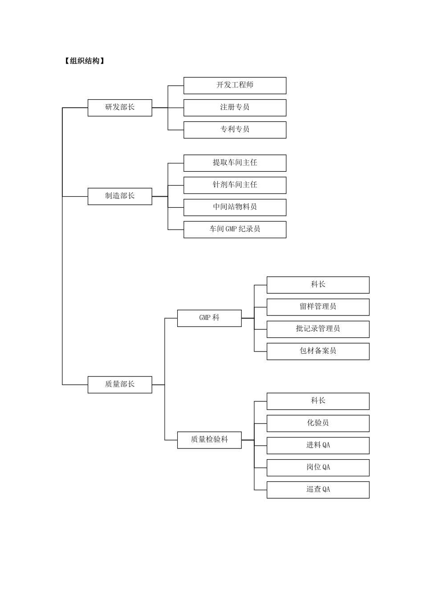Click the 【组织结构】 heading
pyautogui.click(x=84, y=61)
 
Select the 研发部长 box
pyautogui.click(x=120, y=108)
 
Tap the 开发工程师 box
pyautogui.click(x=235, y=85)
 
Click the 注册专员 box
pyautogui.click(x=235, y=108)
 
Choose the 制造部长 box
pyautogui.click(x=120, y=196)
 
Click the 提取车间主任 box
pyautogui.click(x=235, y=163)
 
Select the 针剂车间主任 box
pyautogui.click(x=235, y=185)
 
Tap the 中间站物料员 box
pyautogui.click(x=235, y=207)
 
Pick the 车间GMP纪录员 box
pyautogui.click(x=235, y=230)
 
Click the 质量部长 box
pyautogui.click(x=120, y=384)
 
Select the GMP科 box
pyautogui.click(x=209, y=318)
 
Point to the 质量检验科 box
pyautogui.click(x=209, y=440)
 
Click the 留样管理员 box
pyautogui.click(x=318, y=307)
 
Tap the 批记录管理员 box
pyautogui.click(x=318, y=329)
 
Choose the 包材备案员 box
pyautogui.click(x=318, y=352)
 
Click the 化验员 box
pyautogui.click(x=318, y=423)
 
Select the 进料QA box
pyautogui.click(x=318, y=445)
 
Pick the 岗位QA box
pyautogui.click(x=318, y=468)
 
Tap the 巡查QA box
pyautogui.click(x=318, y=490)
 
